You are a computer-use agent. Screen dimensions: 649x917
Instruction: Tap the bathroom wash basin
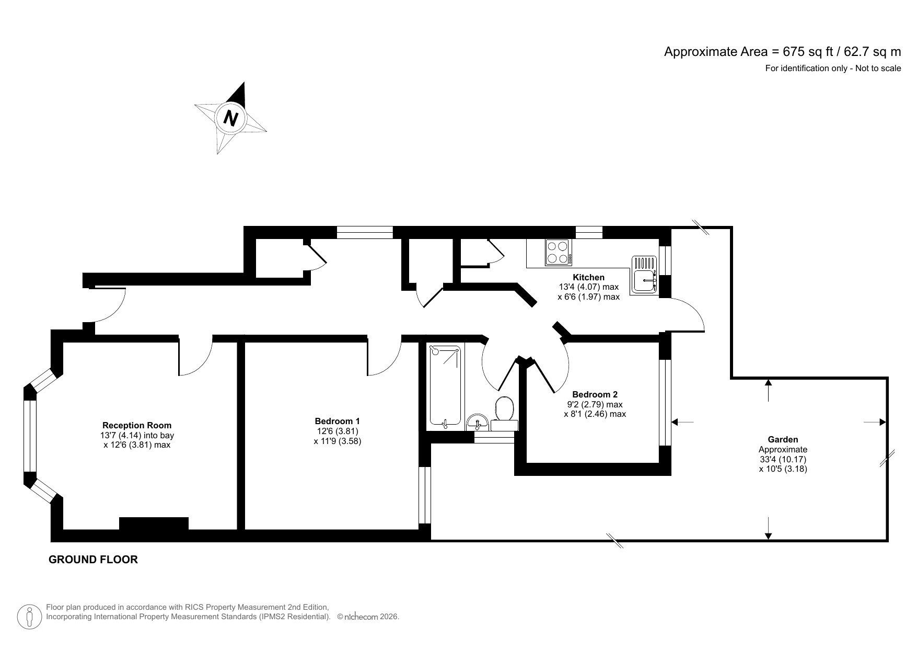(477, 422)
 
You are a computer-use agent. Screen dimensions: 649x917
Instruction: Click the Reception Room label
(137, 425)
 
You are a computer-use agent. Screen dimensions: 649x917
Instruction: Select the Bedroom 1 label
(337, 421)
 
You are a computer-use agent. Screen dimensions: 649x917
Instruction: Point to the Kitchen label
(588, 277)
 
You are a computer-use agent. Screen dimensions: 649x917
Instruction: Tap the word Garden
(782, 440)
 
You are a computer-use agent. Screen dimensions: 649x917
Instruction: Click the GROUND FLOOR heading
(93, 560)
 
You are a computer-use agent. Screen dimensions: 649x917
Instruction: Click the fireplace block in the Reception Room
(154, 523)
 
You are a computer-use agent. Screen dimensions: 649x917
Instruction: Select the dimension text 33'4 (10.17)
(782, 459)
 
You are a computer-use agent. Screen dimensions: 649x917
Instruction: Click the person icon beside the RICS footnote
(30, 617)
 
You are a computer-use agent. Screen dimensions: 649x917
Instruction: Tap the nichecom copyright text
(368, 617)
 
